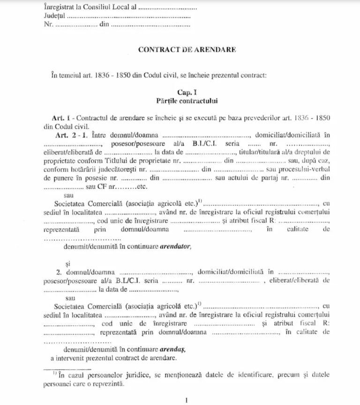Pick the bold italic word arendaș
[173, 349]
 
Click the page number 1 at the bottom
[186, 400]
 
